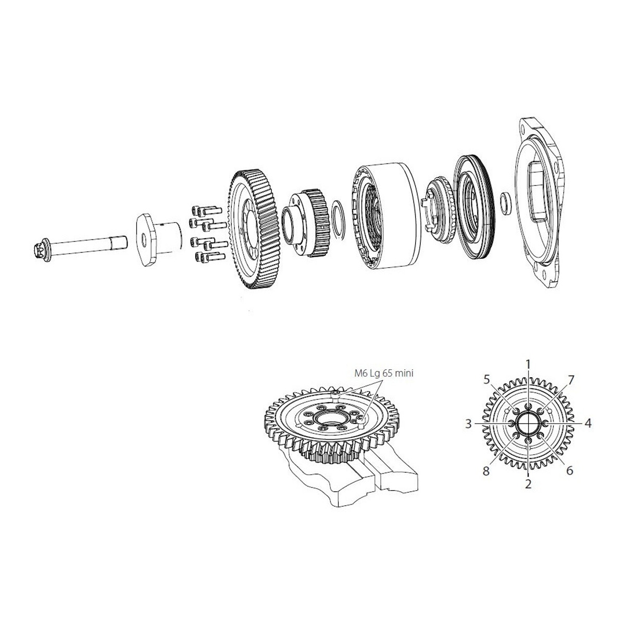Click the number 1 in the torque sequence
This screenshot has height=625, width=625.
(528, 365)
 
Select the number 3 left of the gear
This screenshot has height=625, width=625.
(468, 424)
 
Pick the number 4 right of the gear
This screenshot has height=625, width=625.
(588, 423)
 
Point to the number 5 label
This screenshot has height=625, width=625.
(486, 380)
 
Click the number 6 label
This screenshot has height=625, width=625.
(570, 470)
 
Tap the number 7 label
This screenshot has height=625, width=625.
(571, 380)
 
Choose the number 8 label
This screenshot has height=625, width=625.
(485, 471)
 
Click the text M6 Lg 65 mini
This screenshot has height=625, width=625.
(384, 373)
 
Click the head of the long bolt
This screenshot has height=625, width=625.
(41, 250)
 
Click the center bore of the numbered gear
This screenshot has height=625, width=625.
(528, 423)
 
